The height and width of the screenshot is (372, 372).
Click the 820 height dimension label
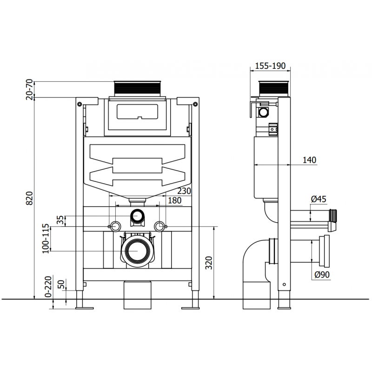click(30, 199)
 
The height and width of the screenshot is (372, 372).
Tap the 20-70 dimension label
click(30, 88)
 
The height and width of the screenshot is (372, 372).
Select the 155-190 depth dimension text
click(270, 66)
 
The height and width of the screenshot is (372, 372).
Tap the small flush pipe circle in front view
click(137, 215)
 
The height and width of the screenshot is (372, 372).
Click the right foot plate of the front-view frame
click(190, 306)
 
